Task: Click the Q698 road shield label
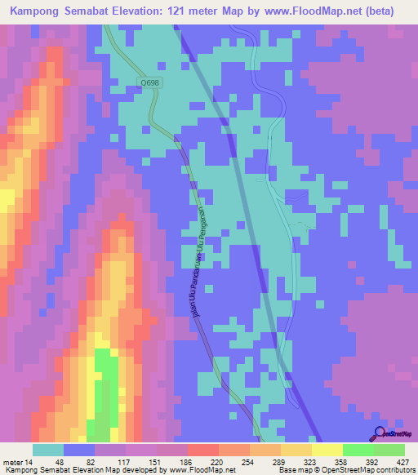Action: coord(150,82)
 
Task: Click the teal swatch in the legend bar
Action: coord(48,450)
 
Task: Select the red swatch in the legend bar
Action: coord(202,450)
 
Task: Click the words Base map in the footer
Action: coord(292,470)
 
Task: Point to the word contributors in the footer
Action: coord(395,470)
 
